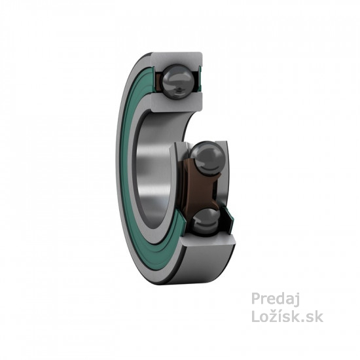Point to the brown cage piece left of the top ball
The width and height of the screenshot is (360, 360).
(x=159, y=82)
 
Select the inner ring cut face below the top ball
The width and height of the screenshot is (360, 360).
(x=177, y=102)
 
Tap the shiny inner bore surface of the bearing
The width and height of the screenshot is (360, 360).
(x=154, y=170)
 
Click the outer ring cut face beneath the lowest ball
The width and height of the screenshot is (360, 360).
(x=207, y=240)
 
